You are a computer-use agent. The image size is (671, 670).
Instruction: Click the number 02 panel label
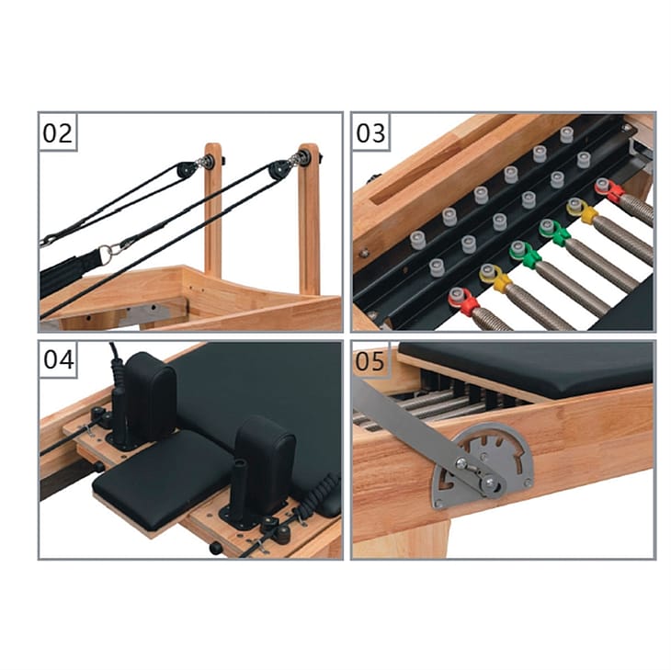point(57,133)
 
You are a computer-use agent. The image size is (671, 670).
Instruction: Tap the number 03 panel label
point(370,133)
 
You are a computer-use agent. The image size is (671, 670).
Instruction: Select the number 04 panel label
point(59,360)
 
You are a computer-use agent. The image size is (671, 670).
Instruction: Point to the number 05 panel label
point(370,361)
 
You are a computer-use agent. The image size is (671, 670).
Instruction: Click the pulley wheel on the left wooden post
point(186,170)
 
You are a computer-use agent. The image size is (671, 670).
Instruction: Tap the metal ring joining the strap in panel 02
point(106,249)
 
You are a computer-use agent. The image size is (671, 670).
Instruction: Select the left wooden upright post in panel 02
point(213,210)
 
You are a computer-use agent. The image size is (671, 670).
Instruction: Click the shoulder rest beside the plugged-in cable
point(150,392)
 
